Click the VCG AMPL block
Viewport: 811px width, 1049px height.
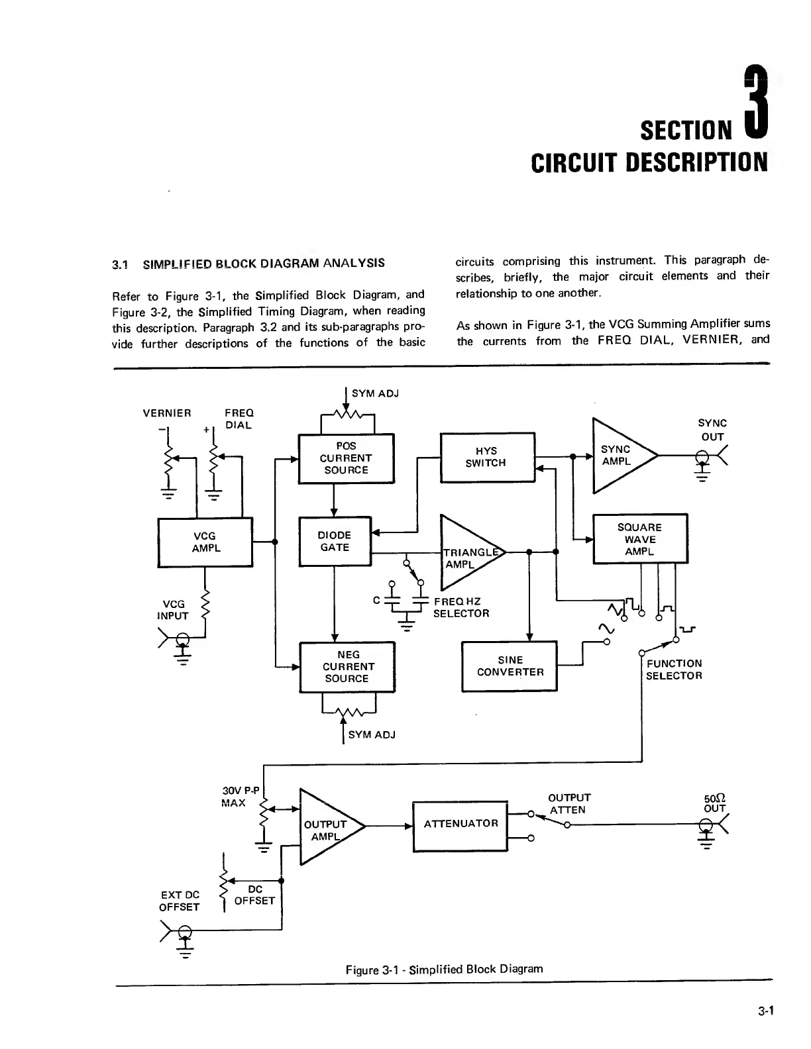click(205, 542)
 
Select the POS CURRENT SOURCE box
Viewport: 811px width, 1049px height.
click(347, 458)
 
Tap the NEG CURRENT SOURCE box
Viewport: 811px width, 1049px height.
click(347, 667)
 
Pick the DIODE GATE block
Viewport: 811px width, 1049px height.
click(335, 542)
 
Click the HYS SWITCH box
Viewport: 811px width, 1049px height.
click(486, 457)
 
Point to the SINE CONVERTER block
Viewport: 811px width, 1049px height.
click(510, 666)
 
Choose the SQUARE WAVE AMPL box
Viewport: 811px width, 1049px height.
click(639, 539)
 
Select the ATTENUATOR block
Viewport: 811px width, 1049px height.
click(460, 824)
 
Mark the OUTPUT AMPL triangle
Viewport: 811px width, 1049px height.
click(325, 828)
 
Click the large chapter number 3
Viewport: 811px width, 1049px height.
click(754, 103)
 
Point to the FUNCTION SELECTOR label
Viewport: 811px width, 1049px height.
click(674, 670)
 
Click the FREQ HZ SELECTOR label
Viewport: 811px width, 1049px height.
click(461, 607)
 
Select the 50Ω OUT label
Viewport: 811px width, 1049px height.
click(715, 803)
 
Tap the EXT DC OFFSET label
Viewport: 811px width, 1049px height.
click(179, 901)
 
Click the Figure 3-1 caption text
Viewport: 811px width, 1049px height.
click(444, 970)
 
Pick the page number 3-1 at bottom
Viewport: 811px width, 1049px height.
click(767, 1011)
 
